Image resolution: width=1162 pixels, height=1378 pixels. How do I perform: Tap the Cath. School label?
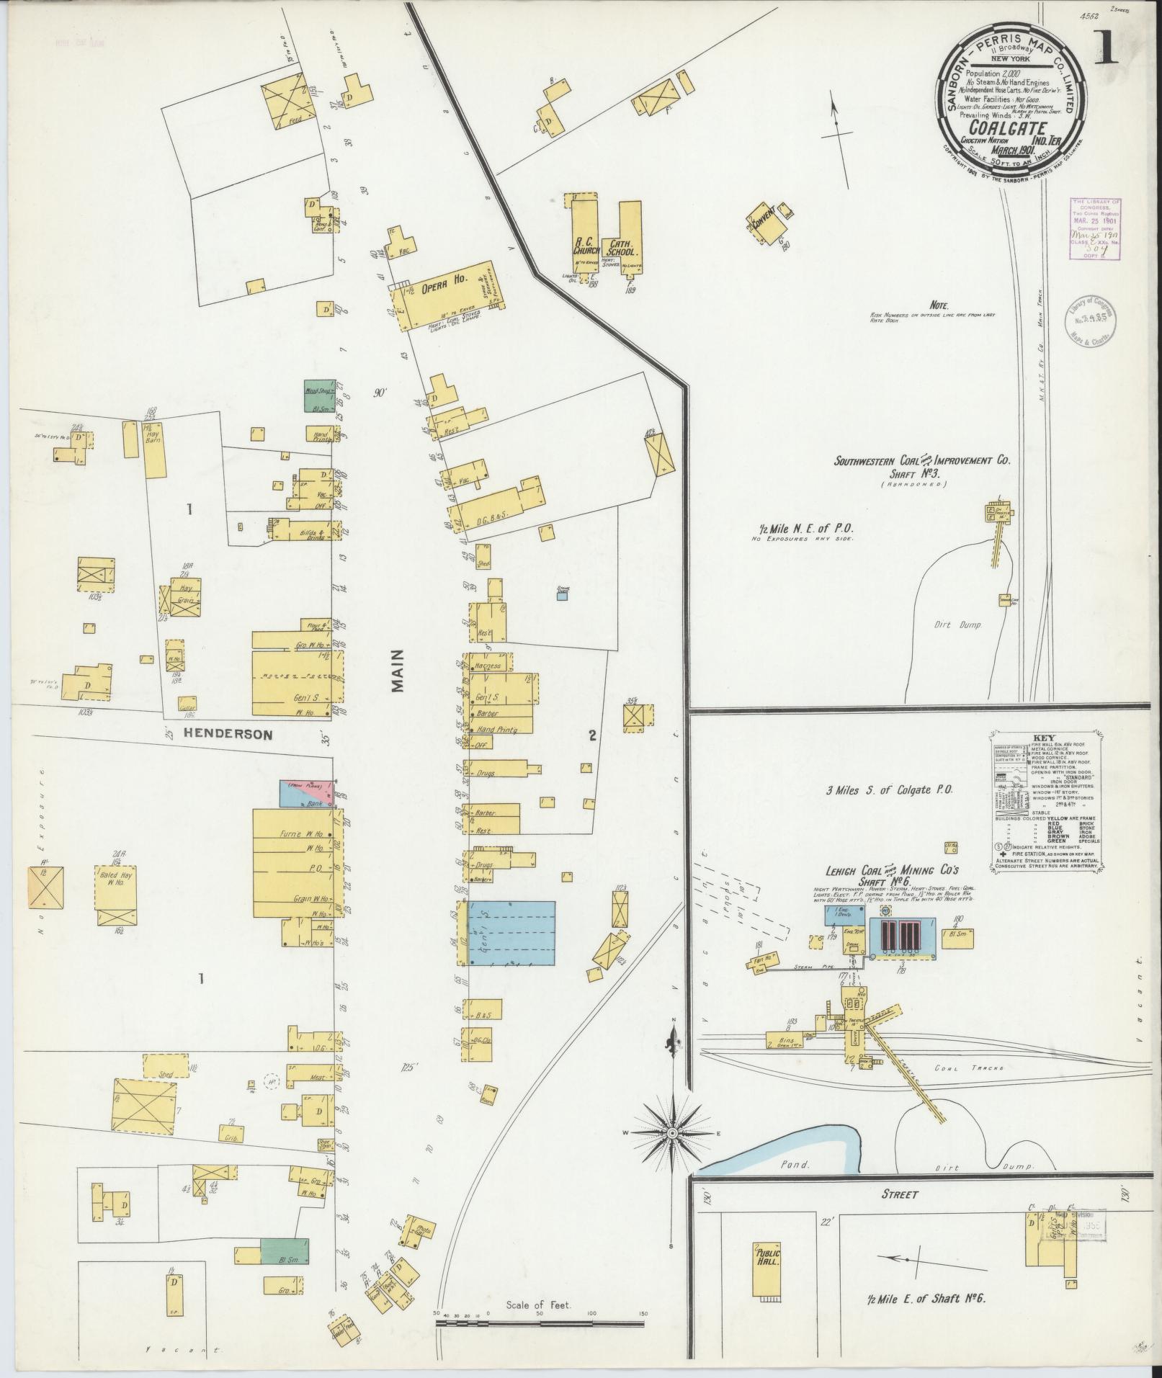pyautogui.click(x=621, y=247)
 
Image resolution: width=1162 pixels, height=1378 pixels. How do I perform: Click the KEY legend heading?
pyautogui.click(x=1042, y=739)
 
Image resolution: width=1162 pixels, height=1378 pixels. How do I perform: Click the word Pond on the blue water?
pyautogui.click(x=793, y=1184)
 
